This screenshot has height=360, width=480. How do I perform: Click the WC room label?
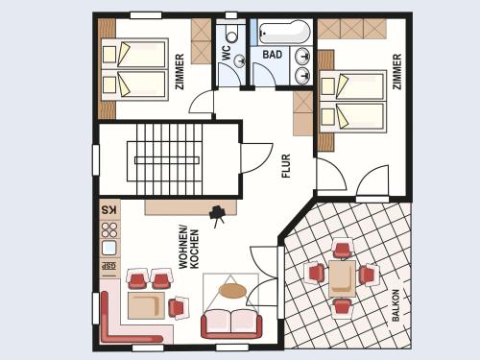(227, 53)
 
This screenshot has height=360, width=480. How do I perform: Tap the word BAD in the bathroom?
(273, 55)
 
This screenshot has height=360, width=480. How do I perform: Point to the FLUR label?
(286, 166)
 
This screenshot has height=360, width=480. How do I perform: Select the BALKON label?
(396, 305)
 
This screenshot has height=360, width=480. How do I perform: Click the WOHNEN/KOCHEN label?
(188, 249)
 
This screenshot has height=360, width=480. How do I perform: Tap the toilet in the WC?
(231, 34)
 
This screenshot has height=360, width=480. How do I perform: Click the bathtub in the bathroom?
(284, 33)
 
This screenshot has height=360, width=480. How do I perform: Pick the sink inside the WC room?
(239, 60)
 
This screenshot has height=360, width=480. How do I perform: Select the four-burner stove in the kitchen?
(109, 230)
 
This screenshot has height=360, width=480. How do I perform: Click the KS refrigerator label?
(109, 210)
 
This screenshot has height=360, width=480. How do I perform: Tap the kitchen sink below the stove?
(109, 248)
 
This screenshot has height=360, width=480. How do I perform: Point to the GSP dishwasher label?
(109, 266)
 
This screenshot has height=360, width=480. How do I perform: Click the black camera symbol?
(218, 214)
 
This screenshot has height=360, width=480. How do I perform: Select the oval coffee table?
(232, 291)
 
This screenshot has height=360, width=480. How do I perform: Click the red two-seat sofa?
(231, 324)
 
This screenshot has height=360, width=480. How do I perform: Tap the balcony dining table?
(342, 278)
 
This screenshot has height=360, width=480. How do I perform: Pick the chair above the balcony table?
(342, 249)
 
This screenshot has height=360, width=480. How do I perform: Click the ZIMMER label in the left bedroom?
(180, 71)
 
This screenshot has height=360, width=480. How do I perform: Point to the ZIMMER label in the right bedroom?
(396, 71)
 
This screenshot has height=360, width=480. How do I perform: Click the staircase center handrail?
(167, 160)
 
